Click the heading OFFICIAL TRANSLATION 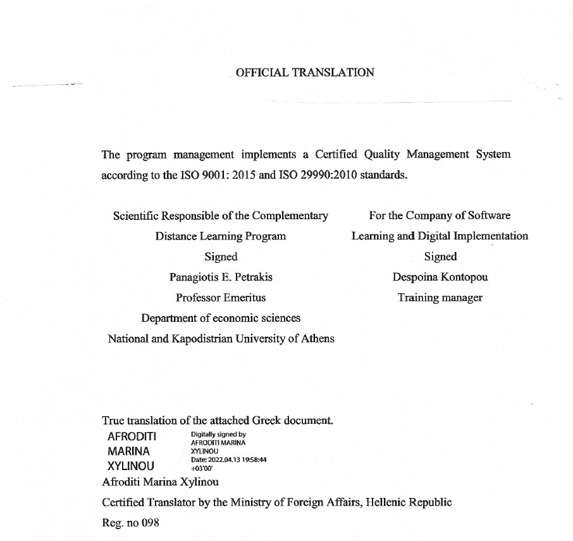(x=305, y=72)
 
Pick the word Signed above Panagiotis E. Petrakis (x=221, y=257)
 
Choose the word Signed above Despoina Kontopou (x=440, y=257)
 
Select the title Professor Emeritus (x=221, y=297)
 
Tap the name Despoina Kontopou (x=440, y=277)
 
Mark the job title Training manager (x=440, y=297)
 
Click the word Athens (x=318, y=338)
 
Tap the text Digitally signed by (x=218, y=435)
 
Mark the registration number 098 (x=150, y=523)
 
